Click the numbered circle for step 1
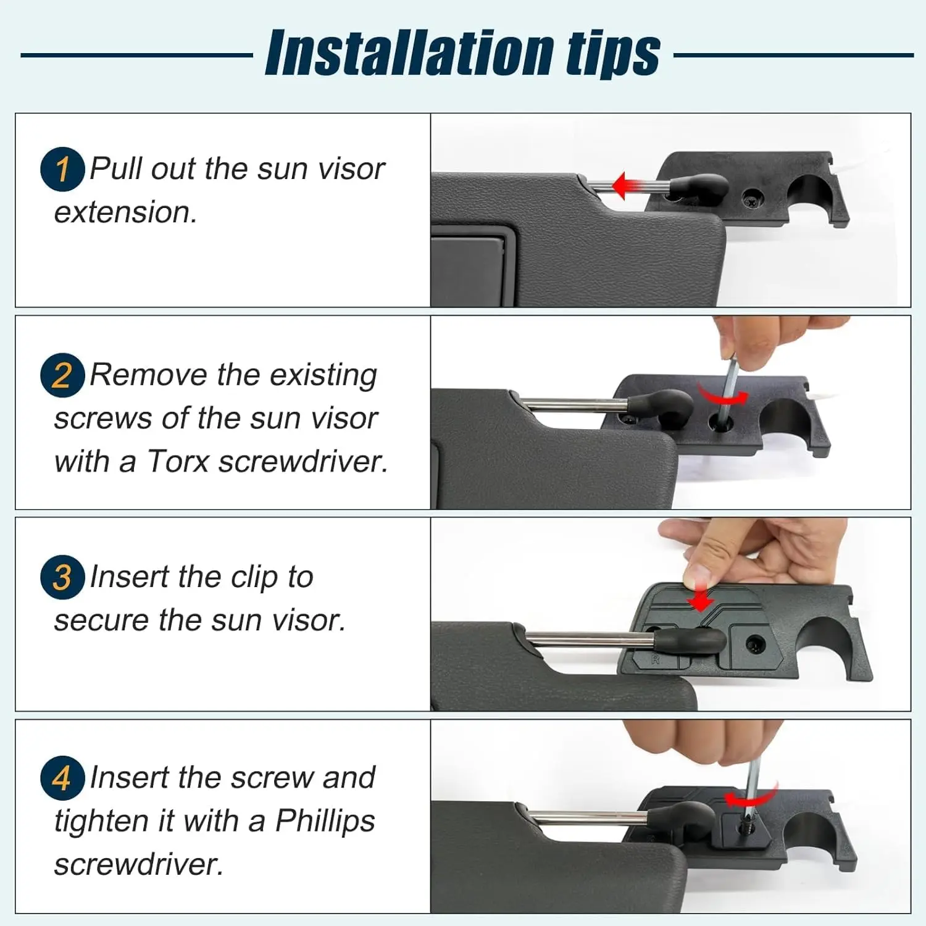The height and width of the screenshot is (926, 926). (x=62, y=169)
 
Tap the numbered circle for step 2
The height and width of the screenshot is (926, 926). (x=62, y=375)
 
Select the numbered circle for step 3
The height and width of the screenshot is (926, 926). (x=62, y=577)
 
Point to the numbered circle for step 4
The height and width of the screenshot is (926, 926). (x=62, y=778)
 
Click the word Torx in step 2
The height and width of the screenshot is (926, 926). (x=178, y=461)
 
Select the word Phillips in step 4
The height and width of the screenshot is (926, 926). (x=325, y=821)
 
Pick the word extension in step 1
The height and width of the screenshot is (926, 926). (x=125, y=212)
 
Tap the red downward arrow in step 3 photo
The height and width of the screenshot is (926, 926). (x=700, y=596)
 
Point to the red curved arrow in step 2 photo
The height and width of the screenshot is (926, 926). (x=722, y=394)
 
